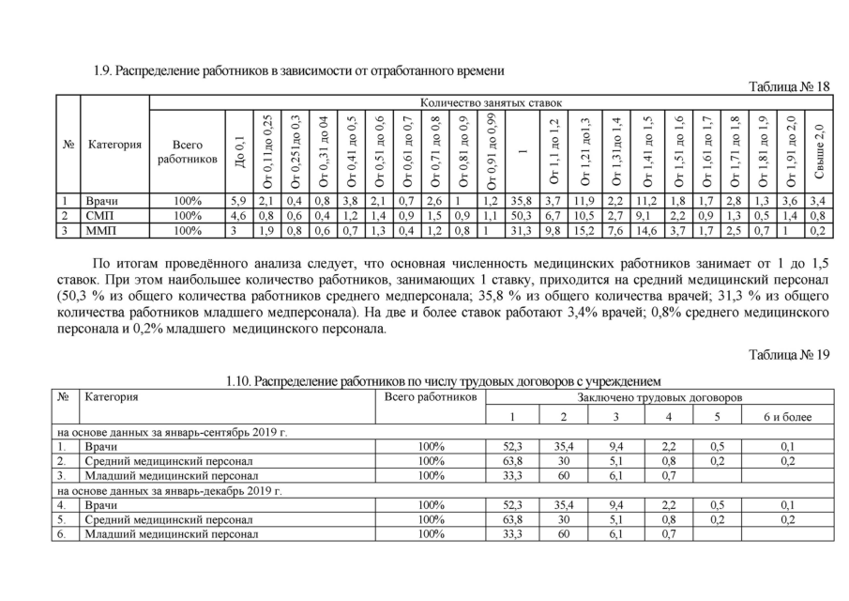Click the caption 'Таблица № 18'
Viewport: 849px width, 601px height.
click(x=789, y=86)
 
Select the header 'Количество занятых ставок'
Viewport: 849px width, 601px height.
click(x=491, y=101)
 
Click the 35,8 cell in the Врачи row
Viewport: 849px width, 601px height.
click(x=515, y=199)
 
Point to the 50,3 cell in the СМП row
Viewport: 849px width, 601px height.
click(x=515, y=213)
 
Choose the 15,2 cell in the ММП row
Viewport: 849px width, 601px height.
click(x=584, y=227)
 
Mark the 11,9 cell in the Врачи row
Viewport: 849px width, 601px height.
click(x=584, y=199)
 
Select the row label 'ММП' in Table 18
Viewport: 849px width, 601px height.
click(x=99, y=227)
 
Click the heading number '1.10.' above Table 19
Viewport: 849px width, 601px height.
click(x=239, y=381)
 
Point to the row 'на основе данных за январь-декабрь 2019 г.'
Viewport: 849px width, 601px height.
click(x=169, y=490)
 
